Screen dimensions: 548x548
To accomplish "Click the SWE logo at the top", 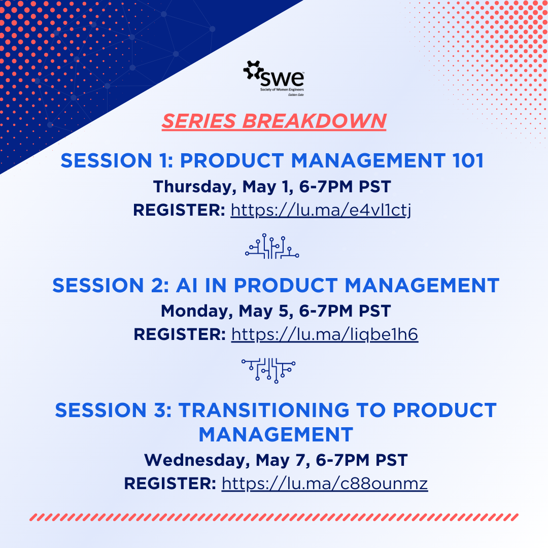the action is point(273,78).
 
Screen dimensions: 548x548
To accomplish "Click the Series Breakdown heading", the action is point(274,121).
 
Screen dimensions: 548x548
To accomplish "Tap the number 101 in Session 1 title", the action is point(468,160).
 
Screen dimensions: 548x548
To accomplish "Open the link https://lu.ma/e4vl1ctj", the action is point(321,210).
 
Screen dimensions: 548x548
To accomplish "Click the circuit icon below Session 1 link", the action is point(272,246).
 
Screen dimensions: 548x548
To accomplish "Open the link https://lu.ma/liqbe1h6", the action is point(325,334).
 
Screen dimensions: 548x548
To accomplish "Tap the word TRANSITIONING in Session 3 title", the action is point(264,410).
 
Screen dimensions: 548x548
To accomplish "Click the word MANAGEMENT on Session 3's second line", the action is point(276,434).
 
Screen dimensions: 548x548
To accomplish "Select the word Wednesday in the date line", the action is point(197,460).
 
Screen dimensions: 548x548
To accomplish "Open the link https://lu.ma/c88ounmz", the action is point(325,484).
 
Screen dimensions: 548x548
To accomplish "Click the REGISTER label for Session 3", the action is point(170,484).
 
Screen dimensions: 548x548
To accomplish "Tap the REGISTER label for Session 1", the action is point(179,210).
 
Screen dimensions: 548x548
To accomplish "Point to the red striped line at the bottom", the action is point(274,517).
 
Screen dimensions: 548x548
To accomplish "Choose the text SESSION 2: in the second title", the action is point(111,285).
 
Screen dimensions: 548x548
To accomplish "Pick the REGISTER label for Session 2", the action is point(180,334).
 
